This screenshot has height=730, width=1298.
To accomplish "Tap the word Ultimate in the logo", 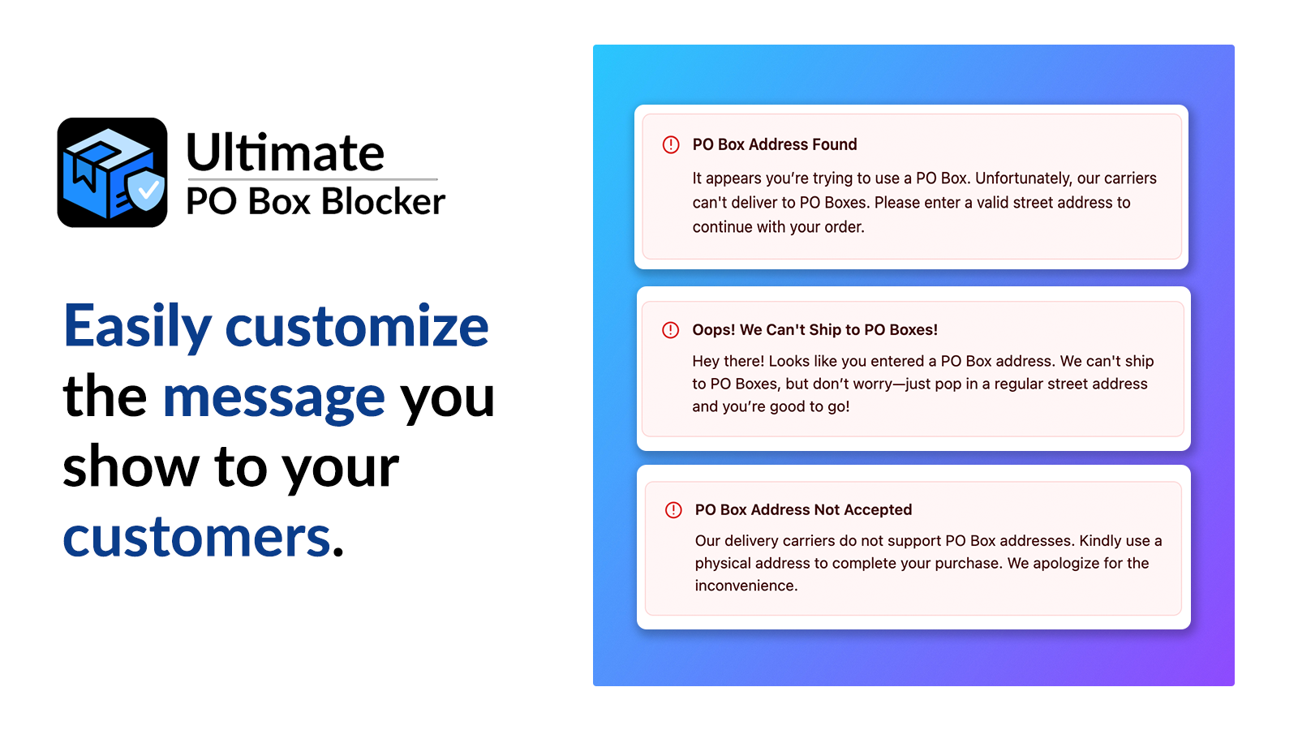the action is click(285, 152).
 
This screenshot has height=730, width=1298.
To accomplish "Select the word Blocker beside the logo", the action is click(383, 201).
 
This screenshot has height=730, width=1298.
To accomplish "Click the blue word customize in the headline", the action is click(357, 325).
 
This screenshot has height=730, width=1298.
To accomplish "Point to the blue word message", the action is click(274, 398).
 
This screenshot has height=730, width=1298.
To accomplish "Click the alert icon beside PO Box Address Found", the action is click(671, 144).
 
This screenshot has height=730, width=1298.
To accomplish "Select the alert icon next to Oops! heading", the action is click(670, 330).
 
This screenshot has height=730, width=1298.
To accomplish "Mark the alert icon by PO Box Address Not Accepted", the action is click(673, 510).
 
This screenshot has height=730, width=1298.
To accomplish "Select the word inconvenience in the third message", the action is click(746, 586).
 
